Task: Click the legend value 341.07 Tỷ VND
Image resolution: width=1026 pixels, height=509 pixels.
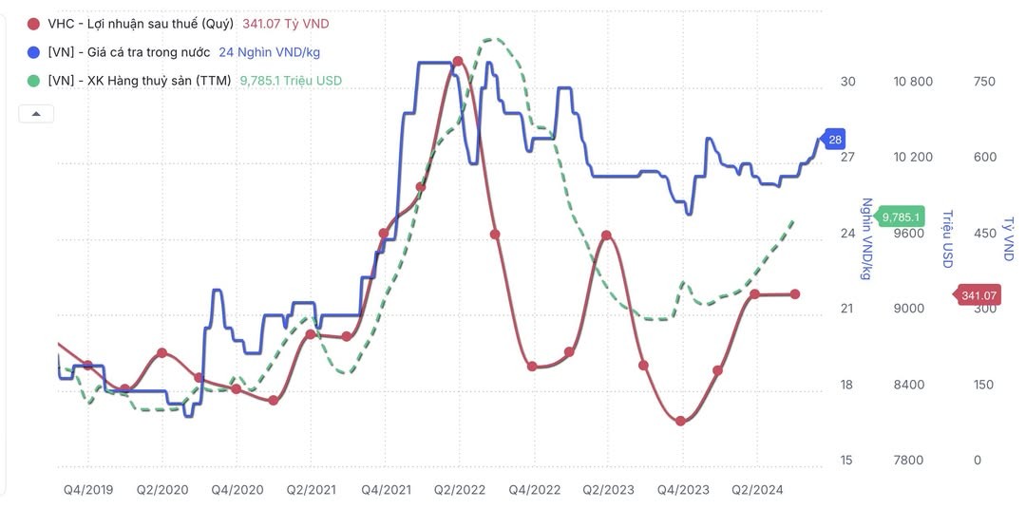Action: [x=286, y=24]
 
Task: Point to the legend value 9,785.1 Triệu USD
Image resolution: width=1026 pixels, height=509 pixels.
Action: [x=291, y=81]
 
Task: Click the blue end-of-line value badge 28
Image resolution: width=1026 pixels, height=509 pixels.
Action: [x=835, y=140]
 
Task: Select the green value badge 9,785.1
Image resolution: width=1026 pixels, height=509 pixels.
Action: [x=902, y=217]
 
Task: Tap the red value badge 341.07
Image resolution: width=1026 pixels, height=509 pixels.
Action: [x=978, y=295]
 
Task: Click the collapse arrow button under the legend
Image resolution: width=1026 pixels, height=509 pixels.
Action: [x=36, y=114]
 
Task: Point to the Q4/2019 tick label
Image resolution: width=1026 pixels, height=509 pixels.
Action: [x=88, y=490]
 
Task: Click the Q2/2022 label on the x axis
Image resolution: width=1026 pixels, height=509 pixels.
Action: [x=460, y=490]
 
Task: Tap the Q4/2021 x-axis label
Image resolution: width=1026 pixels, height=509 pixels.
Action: [x=386, y=490]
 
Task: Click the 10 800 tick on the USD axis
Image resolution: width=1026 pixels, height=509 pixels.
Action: [x=913, y=82]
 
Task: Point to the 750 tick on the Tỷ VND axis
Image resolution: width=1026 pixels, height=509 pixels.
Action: [x=984, y=82]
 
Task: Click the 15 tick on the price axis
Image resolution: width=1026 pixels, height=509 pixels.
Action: [x=845, y=461]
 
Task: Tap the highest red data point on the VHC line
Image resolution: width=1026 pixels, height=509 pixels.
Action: [x=458, y=61]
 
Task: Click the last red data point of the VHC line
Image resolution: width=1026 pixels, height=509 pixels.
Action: [x=795, y=294]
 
